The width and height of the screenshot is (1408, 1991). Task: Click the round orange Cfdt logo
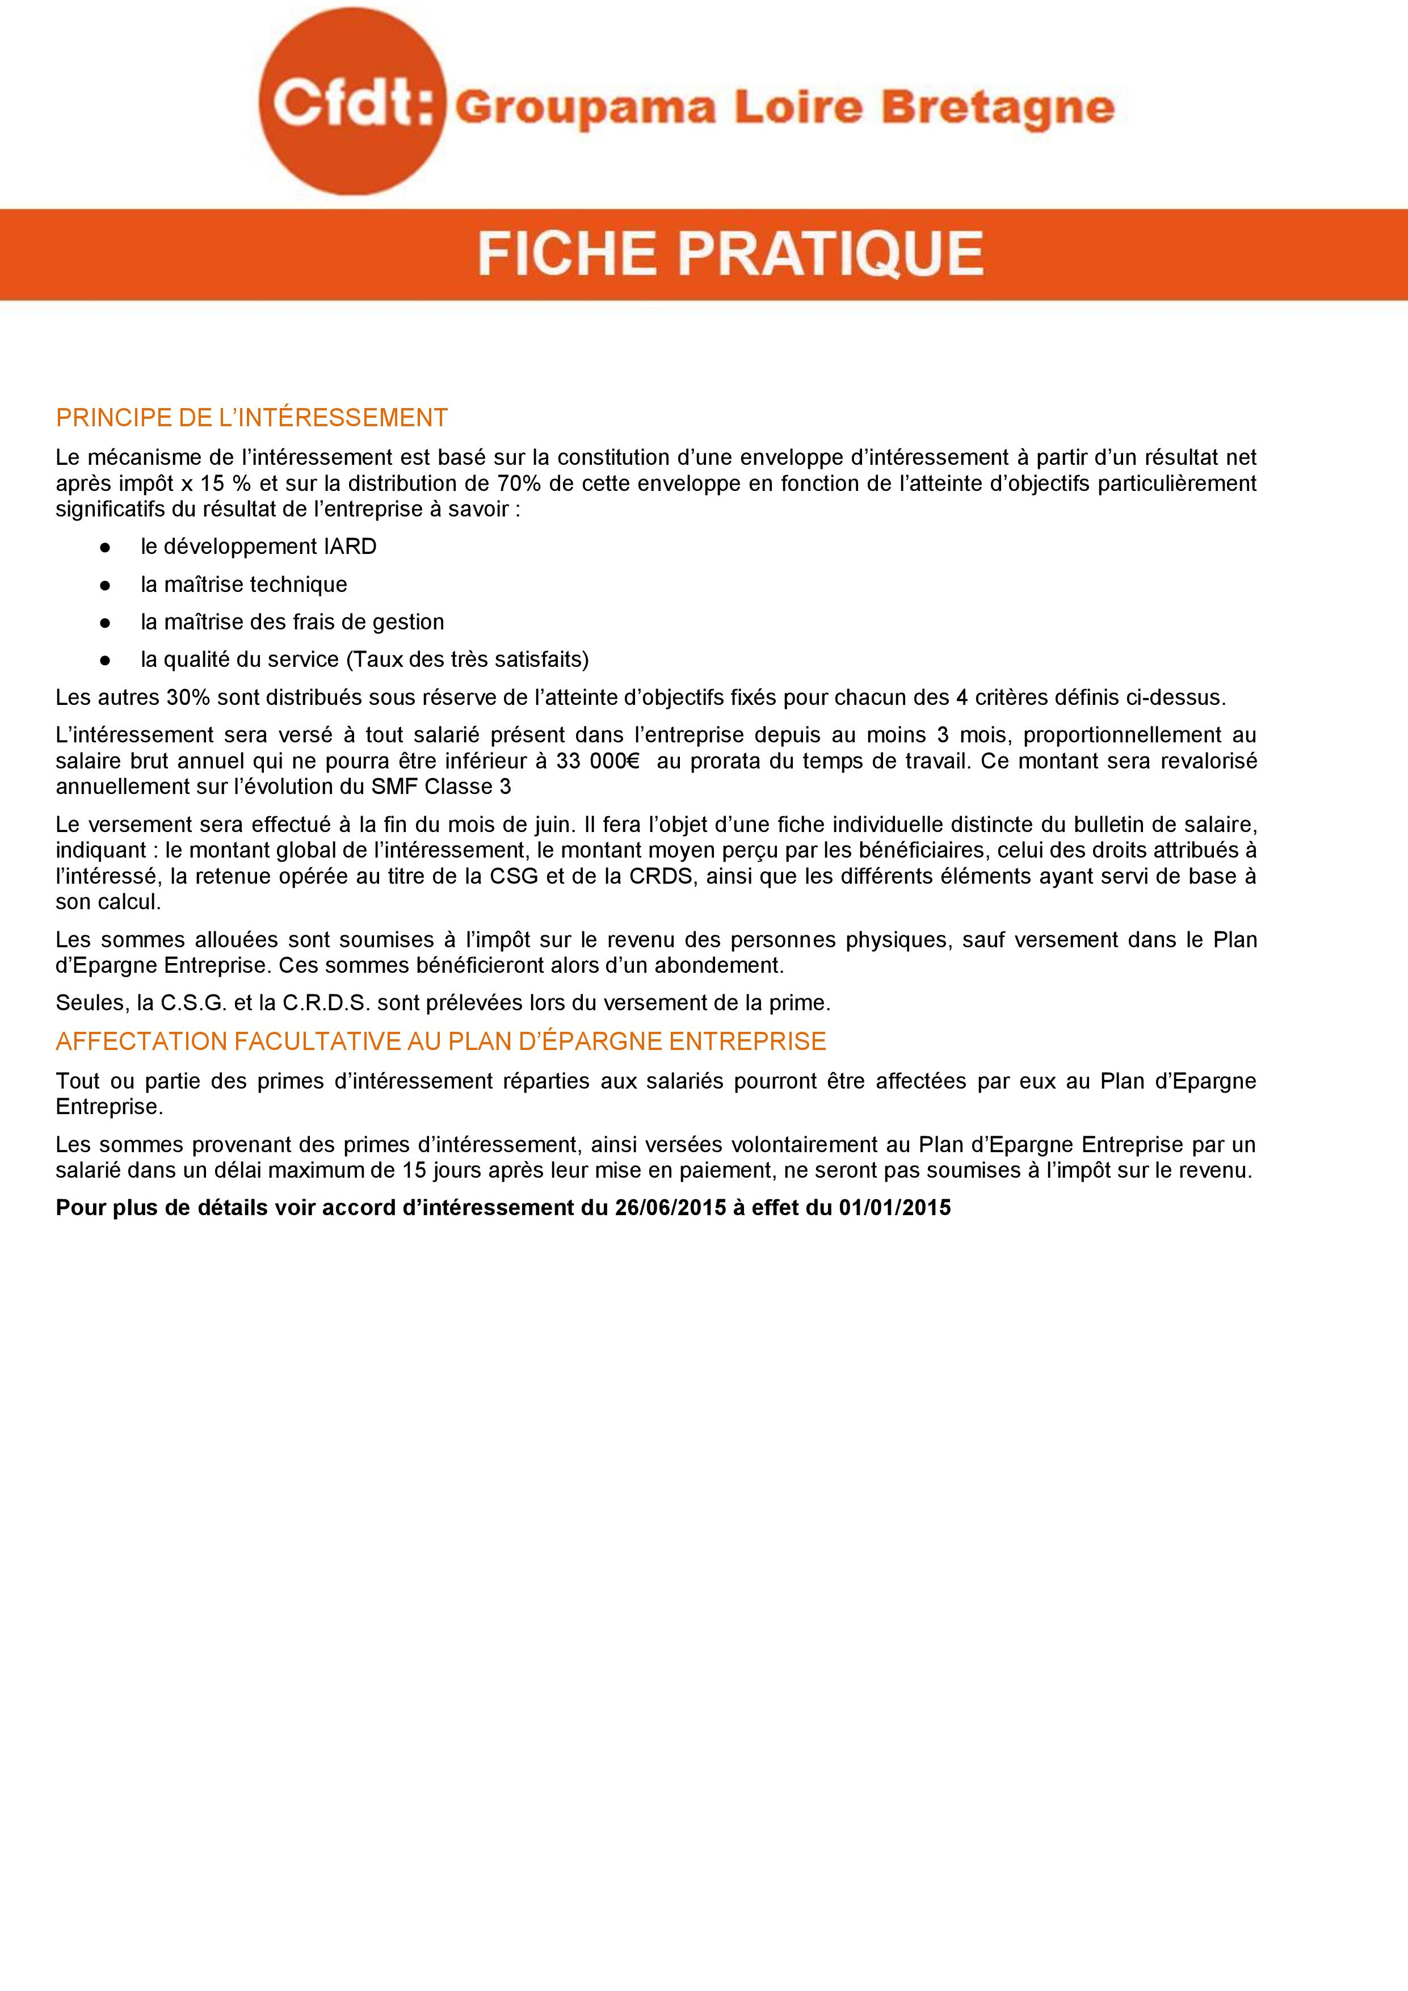(351, 107)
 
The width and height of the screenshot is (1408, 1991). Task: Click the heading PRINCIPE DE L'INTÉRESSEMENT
(251, 418)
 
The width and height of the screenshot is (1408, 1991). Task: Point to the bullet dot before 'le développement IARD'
(104, 547)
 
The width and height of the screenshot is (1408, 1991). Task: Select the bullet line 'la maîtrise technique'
(243, 585)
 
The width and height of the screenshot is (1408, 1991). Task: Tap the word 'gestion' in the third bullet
(407, 621)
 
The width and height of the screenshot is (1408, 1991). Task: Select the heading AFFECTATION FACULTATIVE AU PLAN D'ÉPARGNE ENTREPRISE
(440, 1041)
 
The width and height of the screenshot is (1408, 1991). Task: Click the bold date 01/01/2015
(895, 1208)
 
